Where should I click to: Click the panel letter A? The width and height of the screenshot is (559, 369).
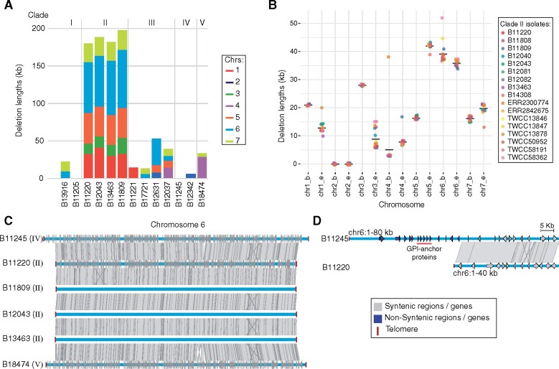pyautogui.click(x=6, y=6)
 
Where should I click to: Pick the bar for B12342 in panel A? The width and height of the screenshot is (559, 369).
pyautogui.click(x=189, y=176)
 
